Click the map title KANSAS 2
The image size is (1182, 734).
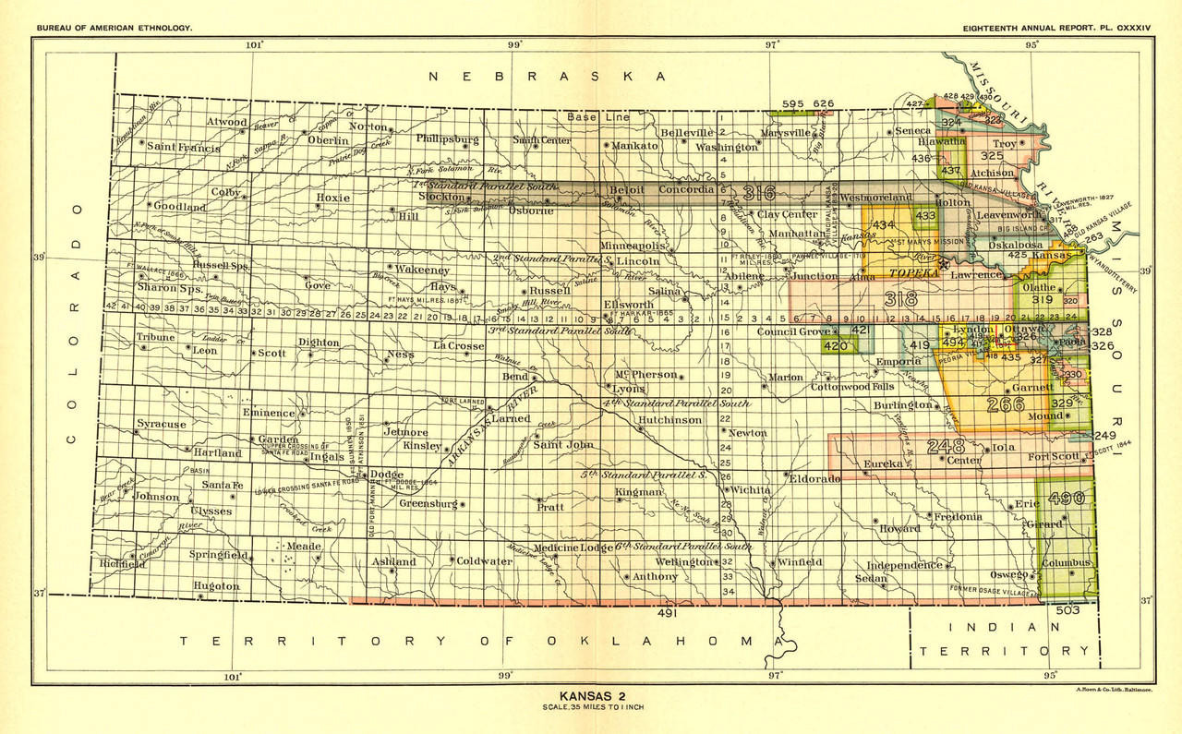[x=590, y=696]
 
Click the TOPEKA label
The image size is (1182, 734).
[x=911, y=274]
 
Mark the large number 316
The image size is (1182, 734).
[x=758, y=193]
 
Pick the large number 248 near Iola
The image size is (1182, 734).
[x=947, y=447]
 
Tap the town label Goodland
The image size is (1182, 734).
[x=180, y=207]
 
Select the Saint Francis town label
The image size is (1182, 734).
[x=183, y=148]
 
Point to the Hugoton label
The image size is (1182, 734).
[x=216, y=586]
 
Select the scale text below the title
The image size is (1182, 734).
[x=590, y=708]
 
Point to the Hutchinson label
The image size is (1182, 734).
[x=669, y=419]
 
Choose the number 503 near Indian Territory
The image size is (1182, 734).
[x=1067, y=610]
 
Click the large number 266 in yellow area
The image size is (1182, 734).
[x=1005, y=404]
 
